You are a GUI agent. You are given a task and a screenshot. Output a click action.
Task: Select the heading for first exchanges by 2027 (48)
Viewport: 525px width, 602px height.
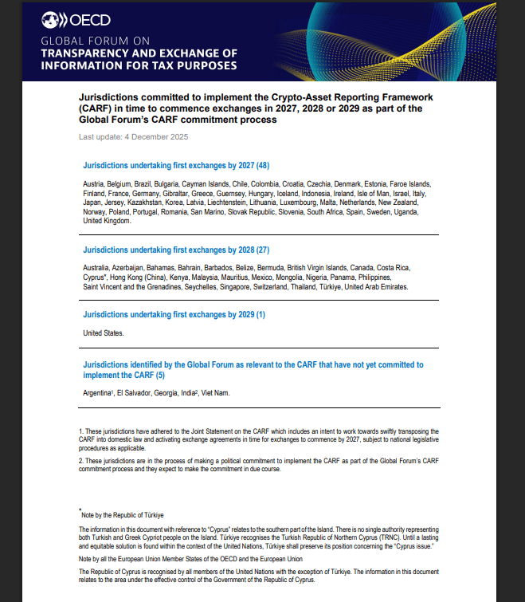click(x=176, y=166)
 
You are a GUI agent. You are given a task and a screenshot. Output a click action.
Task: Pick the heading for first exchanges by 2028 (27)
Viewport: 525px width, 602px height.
click(x=176, y=250)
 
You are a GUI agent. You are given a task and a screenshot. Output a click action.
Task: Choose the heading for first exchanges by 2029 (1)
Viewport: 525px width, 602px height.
click(x=174, y=315)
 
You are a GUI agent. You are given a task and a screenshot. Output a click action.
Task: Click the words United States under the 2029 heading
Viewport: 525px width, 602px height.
click(x=103, y=332)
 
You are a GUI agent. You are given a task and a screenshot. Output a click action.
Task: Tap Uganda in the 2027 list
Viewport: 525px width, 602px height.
click(x=405, y=212)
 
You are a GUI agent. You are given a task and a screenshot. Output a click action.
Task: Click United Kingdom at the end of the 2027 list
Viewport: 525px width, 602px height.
click(x=105, y=222)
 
